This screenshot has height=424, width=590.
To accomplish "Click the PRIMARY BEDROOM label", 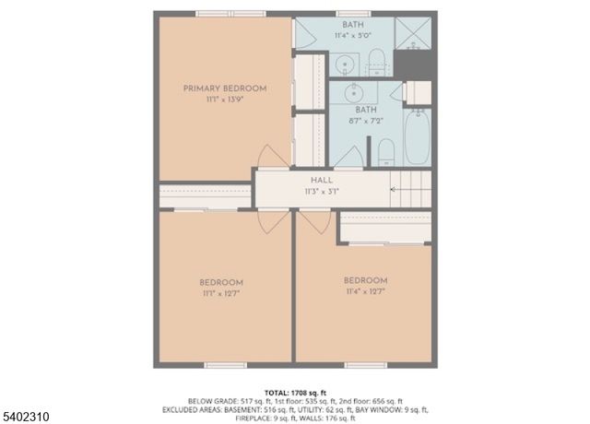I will click(x=224, y=88).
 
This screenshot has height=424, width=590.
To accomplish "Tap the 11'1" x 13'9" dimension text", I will click(x=224, y=100).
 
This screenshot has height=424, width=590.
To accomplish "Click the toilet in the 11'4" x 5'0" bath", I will click(x=376, y=63).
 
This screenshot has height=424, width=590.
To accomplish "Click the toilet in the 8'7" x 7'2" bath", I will click(x=386, y=151).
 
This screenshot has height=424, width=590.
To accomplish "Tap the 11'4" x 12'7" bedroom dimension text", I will click(x=365, y=291).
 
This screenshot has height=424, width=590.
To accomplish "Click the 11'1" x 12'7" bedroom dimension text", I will click(x=221, y=293).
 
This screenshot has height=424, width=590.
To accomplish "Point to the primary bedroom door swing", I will click(x=269, y=158).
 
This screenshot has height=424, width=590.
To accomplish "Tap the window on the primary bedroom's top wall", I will click(x=230, y=13).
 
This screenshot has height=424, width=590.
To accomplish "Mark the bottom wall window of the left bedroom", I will click(x=226, y=366).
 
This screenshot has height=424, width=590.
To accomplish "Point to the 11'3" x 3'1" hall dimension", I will click(x=322, y=192).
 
